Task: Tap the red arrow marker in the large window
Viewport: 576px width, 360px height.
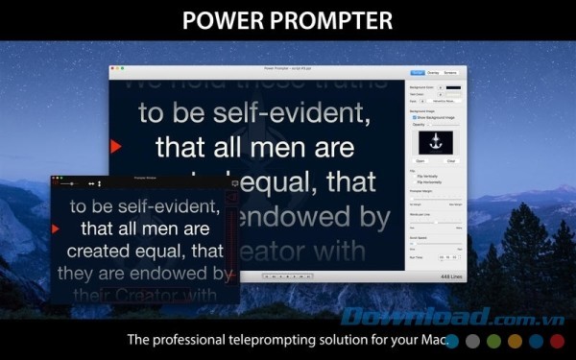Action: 115,147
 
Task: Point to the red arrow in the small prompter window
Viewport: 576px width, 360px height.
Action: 56,228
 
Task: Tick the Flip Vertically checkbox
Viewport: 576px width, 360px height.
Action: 412,176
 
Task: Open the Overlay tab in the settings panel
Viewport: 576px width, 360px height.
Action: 433,72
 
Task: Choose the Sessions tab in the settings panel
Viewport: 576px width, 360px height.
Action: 450,72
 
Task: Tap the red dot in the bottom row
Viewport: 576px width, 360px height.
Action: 557,340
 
